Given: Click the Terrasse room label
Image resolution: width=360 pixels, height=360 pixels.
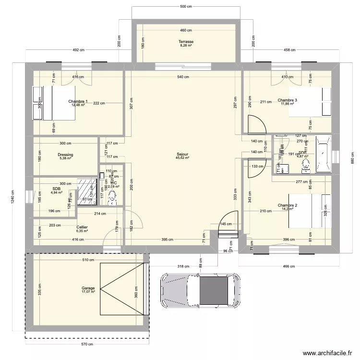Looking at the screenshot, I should point(186,42).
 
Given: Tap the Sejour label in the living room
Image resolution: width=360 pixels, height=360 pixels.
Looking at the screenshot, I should point(182,154).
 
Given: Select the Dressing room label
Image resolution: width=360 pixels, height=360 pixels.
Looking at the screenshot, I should point(65,155).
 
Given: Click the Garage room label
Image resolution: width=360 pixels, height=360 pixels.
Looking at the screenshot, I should point(88,288).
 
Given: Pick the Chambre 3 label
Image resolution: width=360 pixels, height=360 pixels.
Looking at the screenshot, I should point(287,100).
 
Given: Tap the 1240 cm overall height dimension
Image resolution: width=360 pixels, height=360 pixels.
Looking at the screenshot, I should point(13,197).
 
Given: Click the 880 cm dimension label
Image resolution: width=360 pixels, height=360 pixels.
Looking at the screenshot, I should point(352,156).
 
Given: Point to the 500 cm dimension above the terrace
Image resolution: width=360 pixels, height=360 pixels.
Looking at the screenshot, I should point(186,7).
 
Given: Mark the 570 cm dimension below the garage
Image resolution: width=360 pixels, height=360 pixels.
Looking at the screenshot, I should point(86,344).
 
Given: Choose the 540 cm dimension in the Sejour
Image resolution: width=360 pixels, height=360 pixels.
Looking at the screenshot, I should point(182,77).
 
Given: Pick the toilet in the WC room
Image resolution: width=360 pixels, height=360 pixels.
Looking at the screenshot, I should point(113,196).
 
